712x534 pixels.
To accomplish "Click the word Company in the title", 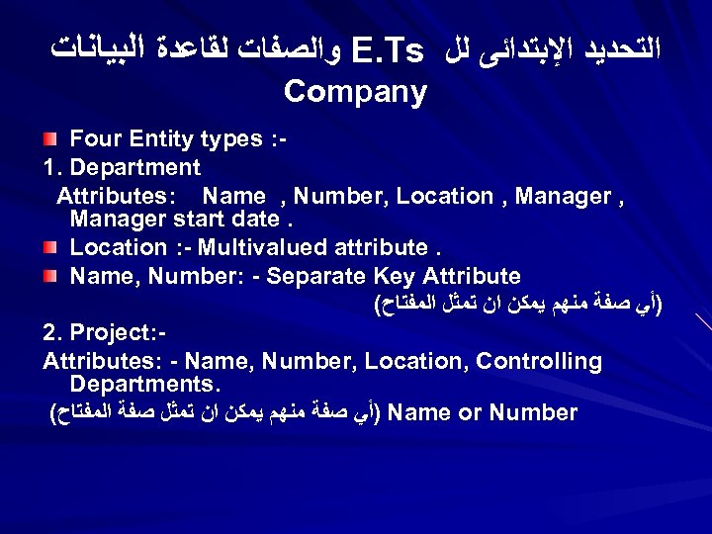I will point(355,93).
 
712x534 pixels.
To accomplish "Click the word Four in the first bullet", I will point(97,139).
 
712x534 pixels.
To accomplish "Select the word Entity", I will point(165,139).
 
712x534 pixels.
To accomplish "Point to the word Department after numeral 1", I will point(136,168).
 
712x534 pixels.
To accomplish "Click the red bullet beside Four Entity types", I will point(54,140).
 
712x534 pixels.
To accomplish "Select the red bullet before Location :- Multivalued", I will point(54,248).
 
